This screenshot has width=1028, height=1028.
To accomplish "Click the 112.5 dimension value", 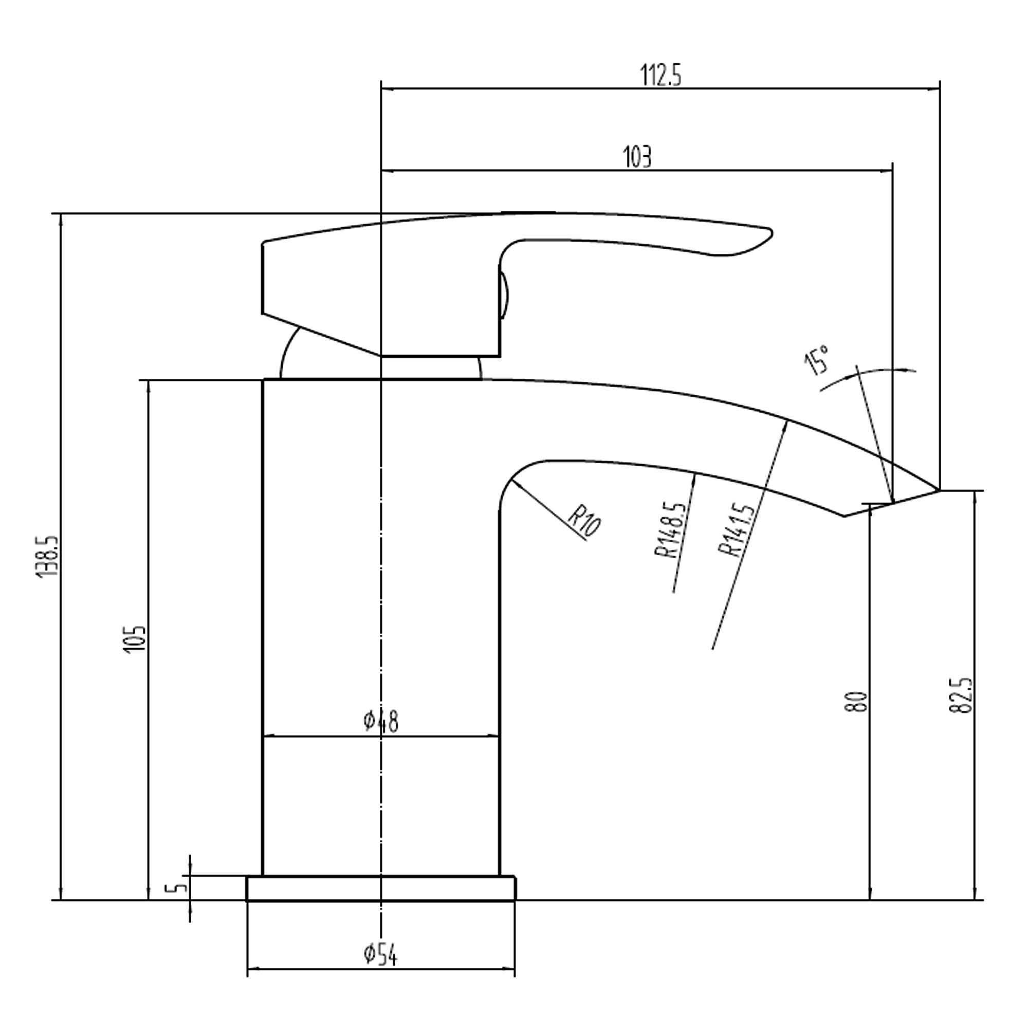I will click(660, 75).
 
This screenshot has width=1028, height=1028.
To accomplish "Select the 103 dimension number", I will click(637, 157).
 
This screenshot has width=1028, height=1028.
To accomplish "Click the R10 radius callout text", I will click(584, 521).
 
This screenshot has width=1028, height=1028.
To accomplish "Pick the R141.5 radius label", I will click(736, 530).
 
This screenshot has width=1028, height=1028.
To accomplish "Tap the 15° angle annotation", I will click(817, 360).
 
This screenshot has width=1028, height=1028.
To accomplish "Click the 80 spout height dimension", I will click(857, 702).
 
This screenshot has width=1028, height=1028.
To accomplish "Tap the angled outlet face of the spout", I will click(892, 503).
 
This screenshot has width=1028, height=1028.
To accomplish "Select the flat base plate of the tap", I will click(380, 889).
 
